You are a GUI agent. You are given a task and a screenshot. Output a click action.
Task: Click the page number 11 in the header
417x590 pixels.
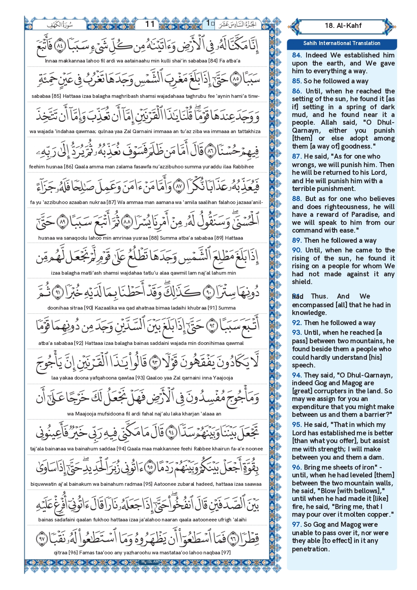click(150, 24)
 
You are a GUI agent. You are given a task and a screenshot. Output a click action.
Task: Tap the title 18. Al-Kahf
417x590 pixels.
click(343, 26)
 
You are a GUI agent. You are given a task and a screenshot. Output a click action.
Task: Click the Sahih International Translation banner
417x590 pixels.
click(341, 43)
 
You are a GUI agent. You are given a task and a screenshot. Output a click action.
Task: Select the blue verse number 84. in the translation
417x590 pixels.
click(297, 55)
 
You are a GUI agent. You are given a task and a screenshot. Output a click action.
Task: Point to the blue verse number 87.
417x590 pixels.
click(296, 156)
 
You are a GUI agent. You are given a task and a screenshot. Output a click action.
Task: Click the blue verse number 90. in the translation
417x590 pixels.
click(297, 250)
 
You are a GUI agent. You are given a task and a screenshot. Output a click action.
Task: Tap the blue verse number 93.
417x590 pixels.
click(297, 332)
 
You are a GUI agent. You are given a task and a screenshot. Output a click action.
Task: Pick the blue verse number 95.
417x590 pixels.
click(297, 425)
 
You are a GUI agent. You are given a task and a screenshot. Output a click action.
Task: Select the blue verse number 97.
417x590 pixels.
click(297, 524)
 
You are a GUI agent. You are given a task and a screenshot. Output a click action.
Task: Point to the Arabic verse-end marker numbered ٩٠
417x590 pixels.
click(209, 292)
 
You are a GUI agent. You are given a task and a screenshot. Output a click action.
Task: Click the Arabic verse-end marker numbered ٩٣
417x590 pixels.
click(155, 362)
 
